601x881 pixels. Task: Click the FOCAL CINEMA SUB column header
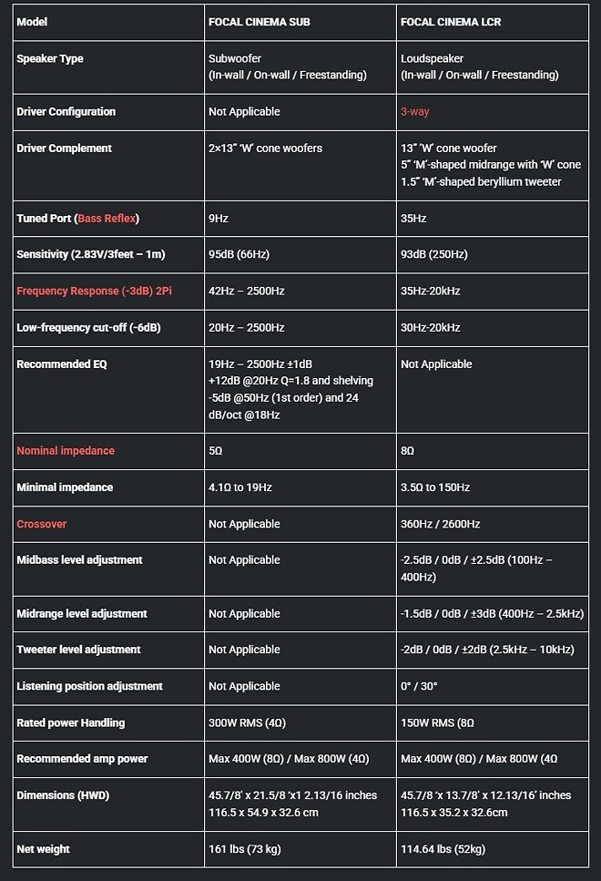259,22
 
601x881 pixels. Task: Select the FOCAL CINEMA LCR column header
451,22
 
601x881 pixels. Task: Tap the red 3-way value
414,112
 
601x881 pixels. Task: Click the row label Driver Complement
64,149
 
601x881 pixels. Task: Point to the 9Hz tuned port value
219,219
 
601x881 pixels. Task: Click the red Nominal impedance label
66,451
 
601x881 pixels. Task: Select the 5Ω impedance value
216,451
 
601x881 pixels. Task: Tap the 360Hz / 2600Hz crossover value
440,524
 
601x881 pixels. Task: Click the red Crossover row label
42,524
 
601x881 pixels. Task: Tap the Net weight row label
43,849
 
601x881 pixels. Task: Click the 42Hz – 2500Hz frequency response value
246,291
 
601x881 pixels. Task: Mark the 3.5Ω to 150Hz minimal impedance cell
435,487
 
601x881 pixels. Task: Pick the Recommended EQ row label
62,364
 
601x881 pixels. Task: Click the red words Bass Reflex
107,219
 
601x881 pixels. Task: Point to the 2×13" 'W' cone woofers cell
265,149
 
